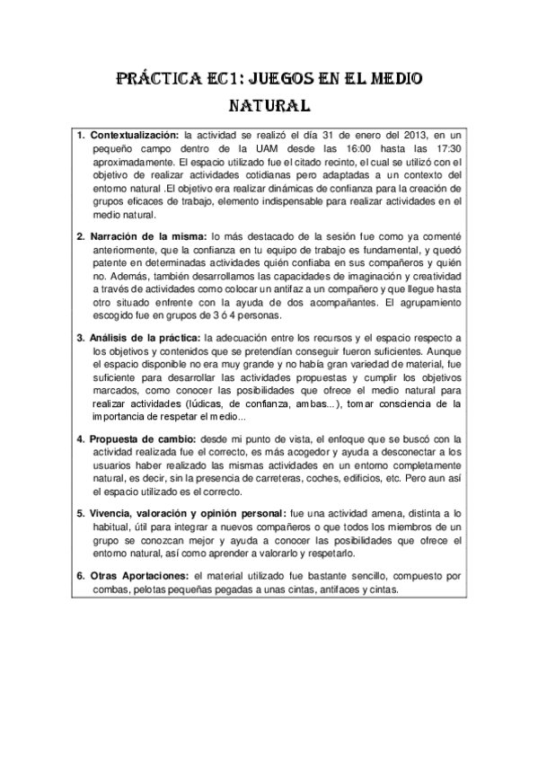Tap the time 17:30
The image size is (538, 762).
445,148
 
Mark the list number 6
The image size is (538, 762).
80,575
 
